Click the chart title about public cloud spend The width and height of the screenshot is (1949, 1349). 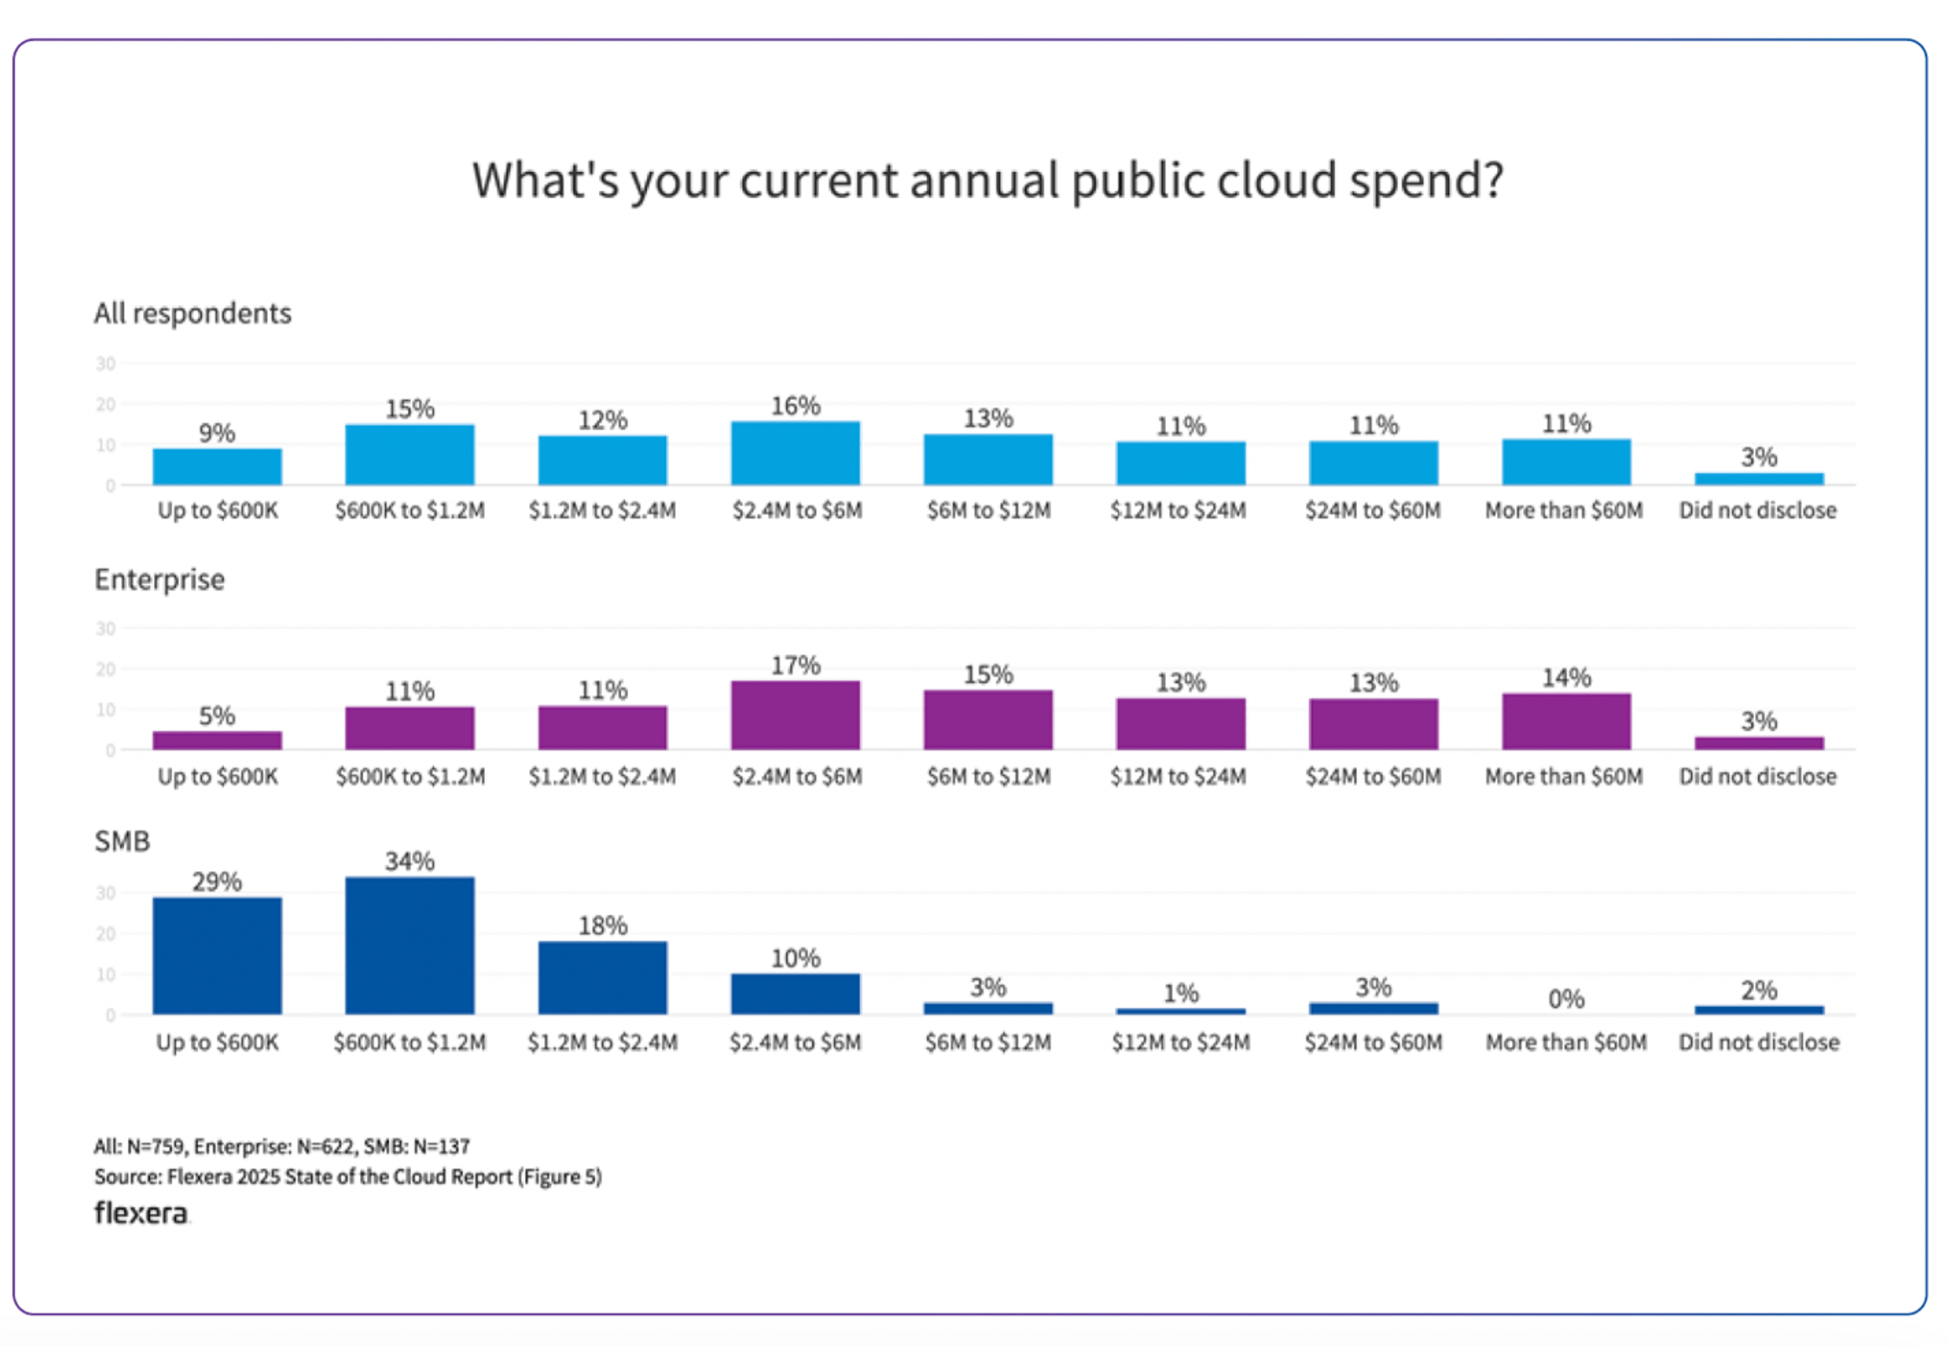[987, 180]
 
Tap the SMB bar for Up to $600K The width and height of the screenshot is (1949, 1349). [217, 956]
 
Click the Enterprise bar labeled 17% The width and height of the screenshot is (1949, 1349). [795, 715]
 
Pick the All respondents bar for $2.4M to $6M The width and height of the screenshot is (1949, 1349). [795, 453]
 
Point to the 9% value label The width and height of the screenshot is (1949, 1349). [217, 433]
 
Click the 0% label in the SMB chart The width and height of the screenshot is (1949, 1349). [1566, 999]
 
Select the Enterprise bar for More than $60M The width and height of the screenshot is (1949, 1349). [1566, 721]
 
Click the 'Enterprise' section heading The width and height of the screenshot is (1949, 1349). [159, 580]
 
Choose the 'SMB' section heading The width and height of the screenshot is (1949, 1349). [123, 842]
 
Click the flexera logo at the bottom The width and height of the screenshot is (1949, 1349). [141, 1213]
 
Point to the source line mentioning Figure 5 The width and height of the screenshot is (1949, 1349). [347, 1176]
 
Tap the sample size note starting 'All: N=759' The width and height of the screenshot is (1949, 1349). [282, 1146]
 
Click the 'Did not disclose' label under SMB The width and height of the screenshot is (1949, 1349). [1758, 1042]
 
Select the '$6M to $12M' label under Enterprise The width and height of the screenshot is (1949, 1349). [988, 776]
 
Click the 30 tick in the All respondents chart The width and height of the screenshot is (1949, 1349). [106, 363]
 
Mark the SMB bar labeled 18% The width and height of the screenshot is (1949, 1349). [602, 978]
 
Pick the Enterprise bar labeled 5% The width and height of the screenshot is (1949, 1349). [217, 740]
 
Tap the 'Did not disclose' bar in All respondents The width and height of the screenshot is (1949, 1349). [1759, 479]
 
